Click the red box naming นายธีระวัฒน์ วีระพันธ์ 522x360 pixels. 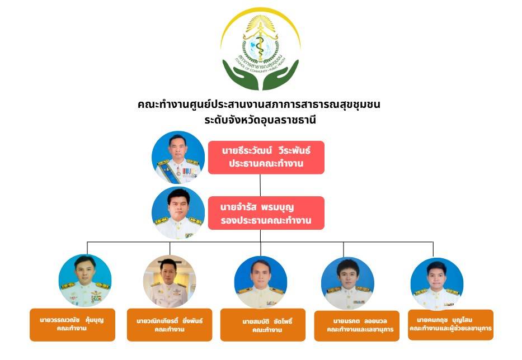click(x=266, y=157)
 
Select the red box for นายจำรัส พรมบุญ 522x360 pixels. click(x=266, y=213)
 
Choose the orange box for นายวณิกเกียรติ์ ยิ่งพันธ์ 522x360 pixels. click(x=170, y=325)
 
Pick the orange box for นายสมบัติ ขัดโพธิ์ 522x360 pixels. click(x=263, y=325)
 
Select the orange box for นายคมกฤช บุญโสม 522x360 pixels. click(x=450, y=324)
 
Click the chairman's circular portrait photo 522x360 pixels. click(x=178, y=158)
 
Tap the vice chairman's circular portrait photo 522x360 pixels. click(x=178, y=213)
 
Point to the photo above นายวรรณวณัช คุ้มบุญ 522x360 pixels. click(x=85, y=281)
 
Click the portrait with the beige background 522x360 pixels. click(x=170, y=281)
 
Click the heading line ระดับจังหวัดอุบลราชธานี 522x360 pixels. click(x=261, y=119)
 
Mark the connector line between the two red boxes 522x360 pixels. click(x=261, y=185)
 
